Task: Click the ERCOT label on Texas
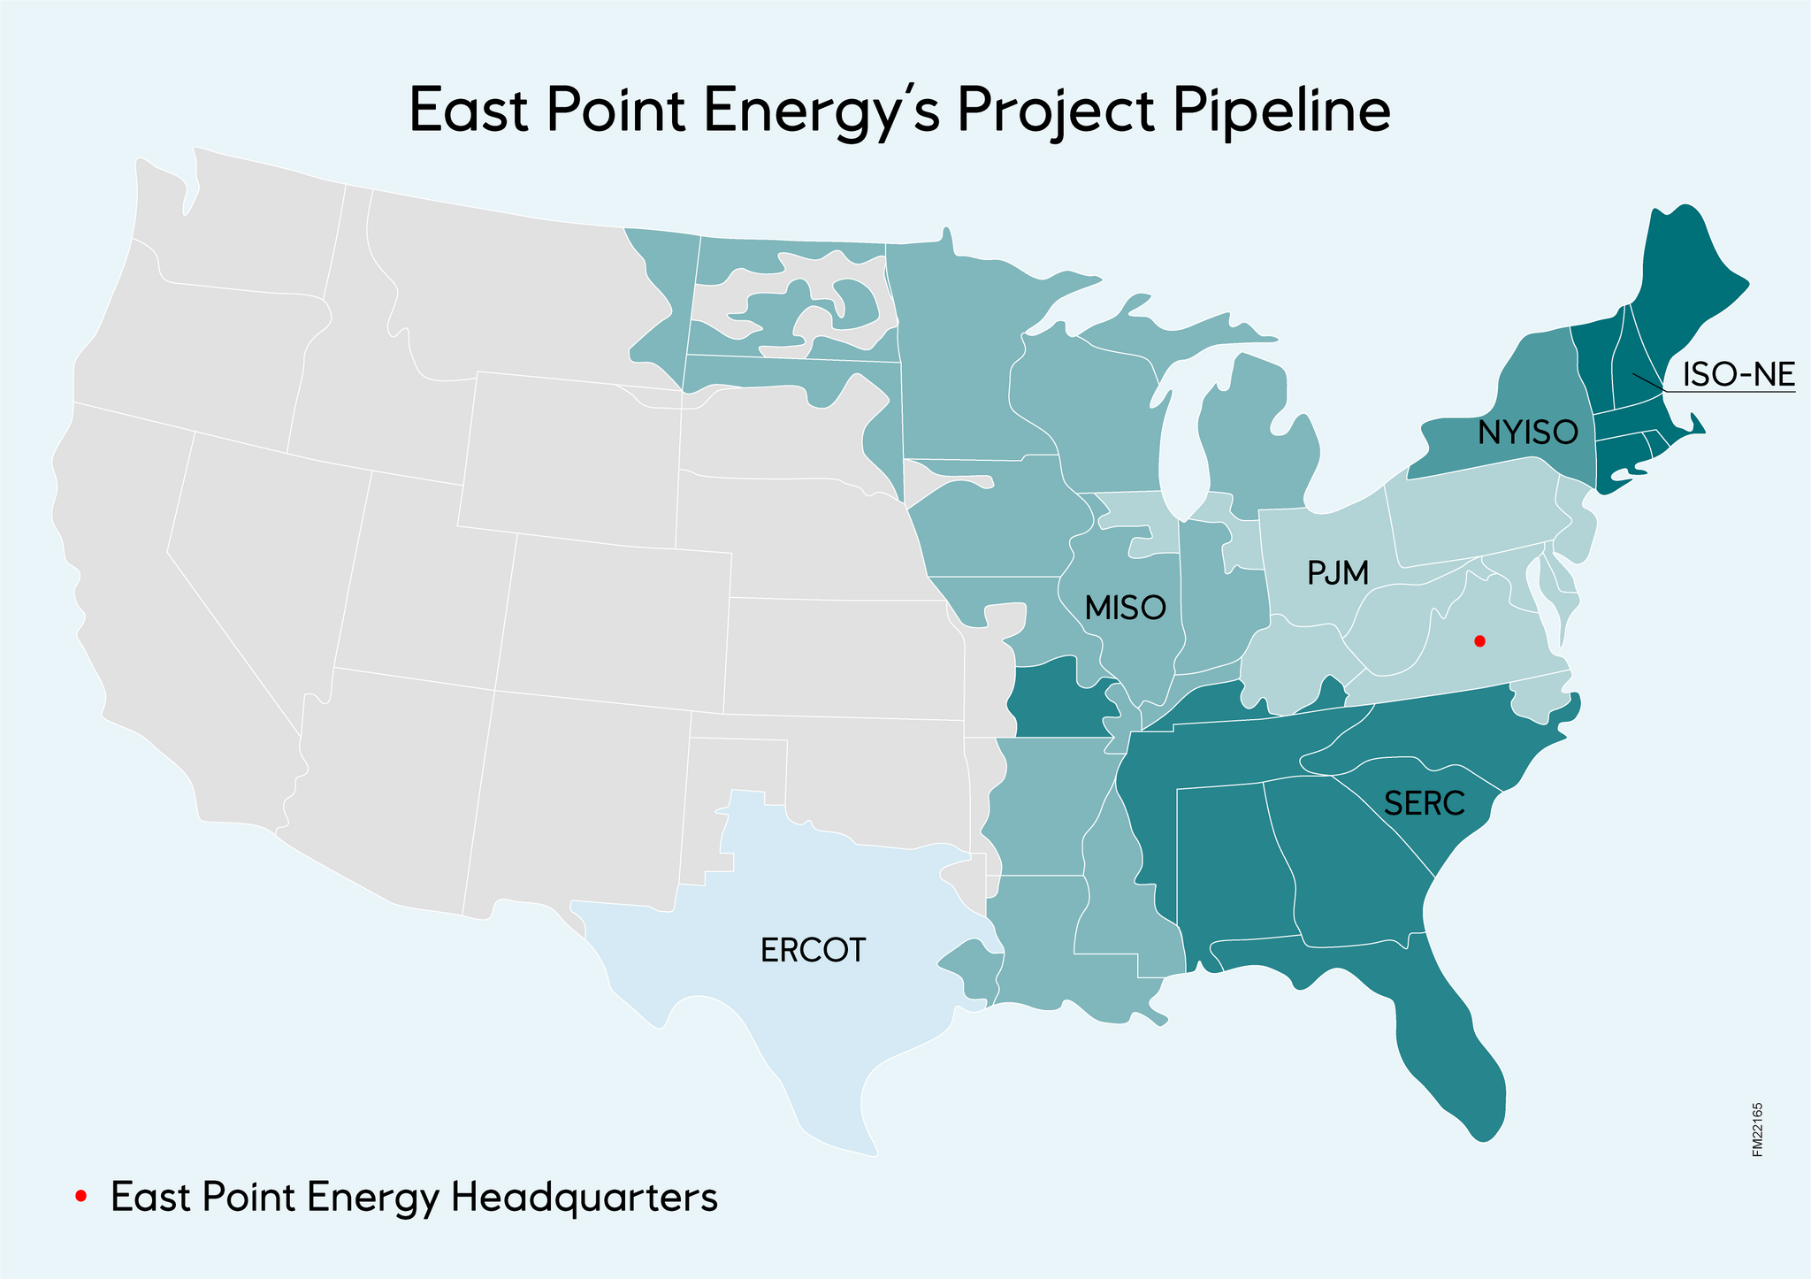coord(813,950)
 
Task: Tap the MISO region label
coord(1125,608)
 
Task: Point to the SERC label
coord(1425,804)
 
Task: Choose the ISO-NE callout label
coord(1738,375)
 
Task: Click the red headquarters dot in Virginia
coord(1480,640)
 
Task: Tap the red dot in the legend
coord(80,1197)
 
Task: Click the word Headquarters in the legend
coord(584,1198)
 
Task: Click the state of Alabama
coord(1229,867)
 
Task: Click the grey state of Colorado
coord(610,619)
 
